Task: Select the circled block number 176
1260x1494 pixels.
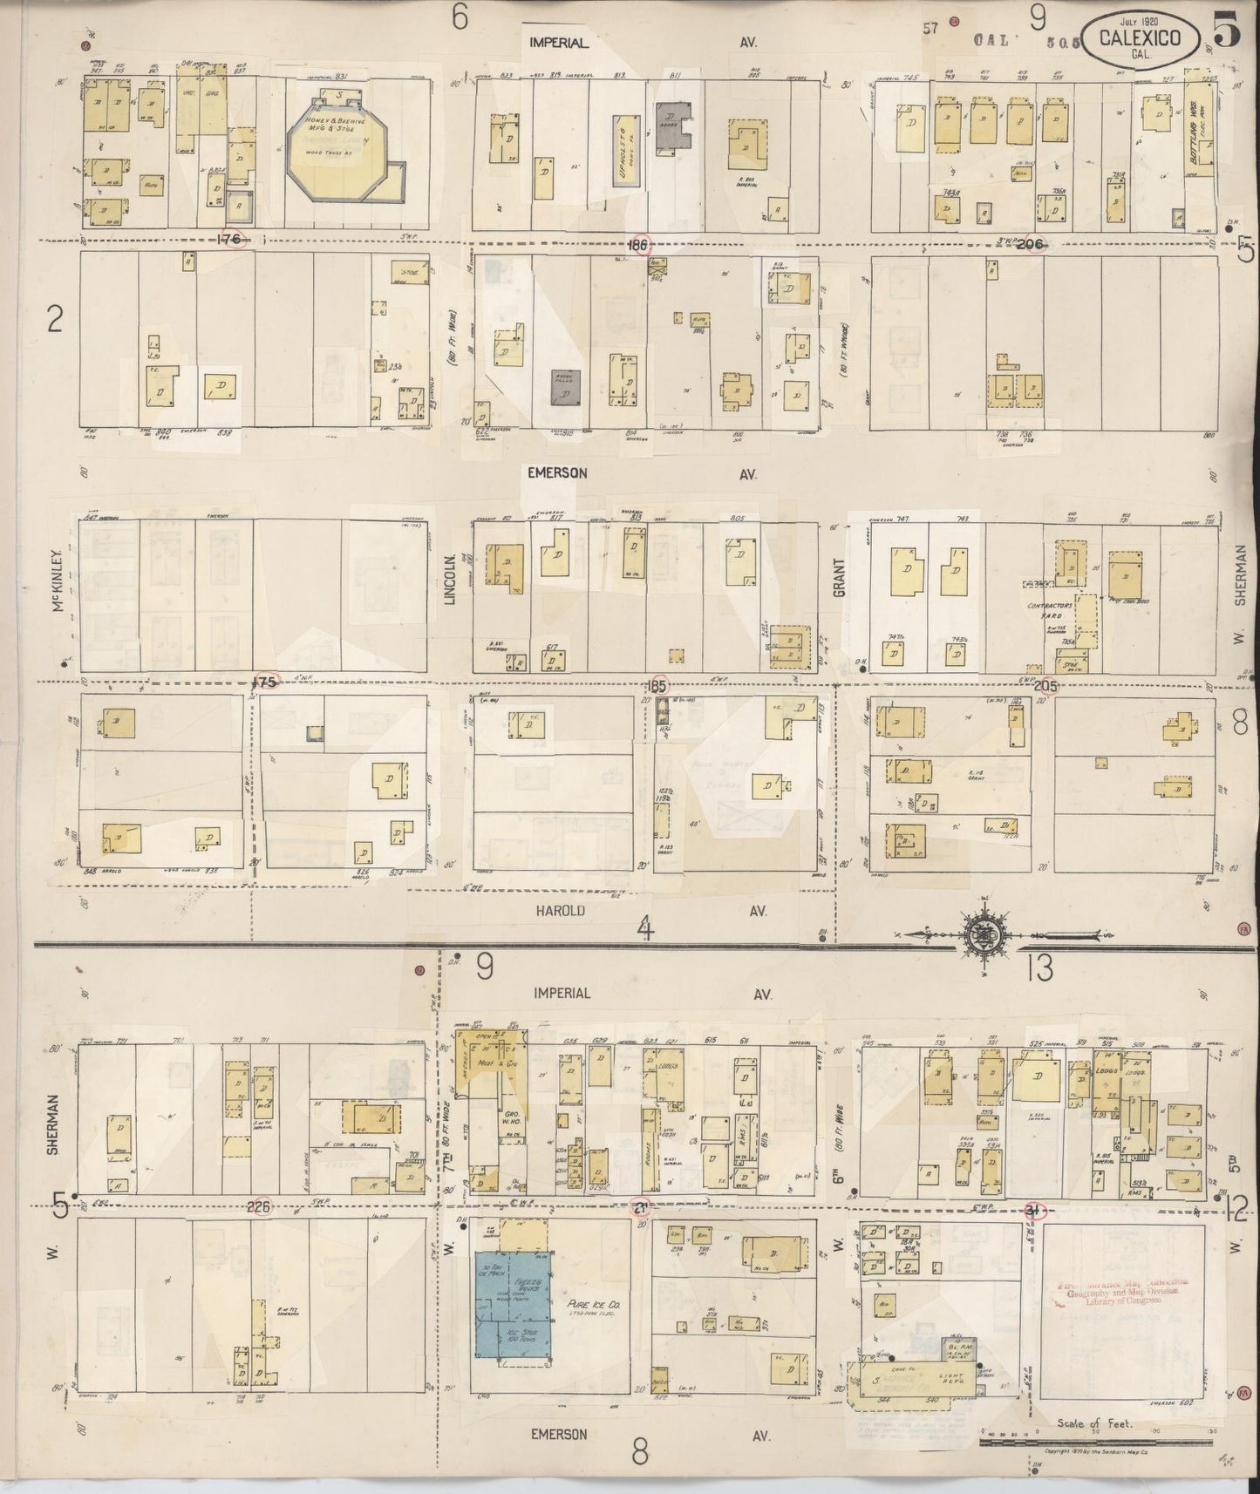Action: pyautogui.click(x=233, y=239)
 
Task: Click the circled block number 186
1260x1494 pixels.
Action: pyautogui.click(x=638, y=246)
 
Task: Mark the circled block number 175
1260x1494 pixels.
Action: pyautogui.click(x=263, y=682)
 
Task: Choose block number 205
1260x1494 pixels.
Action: pyautogui.click(x=1045, y=686)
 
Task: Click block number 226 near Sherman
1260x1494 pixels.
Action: pyautogui.click(x=260, y=1207)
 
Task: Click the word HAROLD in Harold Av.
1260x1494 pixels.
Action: pyautogui.click(x=562, y=910)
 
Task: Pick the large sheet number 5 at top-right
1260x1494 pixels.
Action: pyautogui.click(x=1226, y=33)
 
